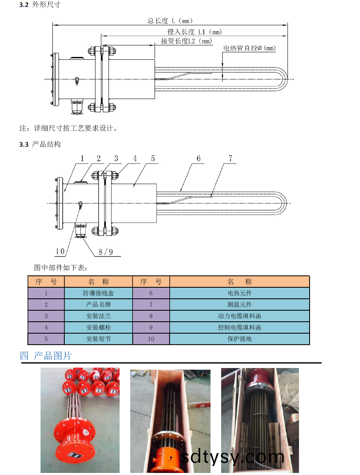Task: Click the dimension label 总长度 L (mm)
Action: (x=170, y=20)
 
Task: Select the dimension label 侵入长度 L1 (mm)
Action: (x=194, y=32)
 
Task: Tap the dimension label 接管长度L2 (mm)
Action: (x=186, y=41)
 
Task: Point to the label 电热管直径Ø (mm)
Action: (x=249, y=48)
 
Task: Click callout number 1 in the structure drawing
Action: (x=82, y=158)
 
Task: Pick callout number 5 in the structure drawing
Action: (x=152, y=158)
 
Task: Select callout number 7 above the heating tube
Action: (x=231, y=158)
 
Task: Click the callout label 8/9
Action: (x=106, y=252)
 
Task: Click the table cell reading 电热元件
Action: (x=240, y=293)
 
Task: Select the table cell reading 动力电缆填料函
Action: (x=240, y=316)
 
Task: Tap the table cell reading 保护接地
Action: (x=240, y=339)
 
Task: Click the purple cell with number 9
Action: (x=151, y=327)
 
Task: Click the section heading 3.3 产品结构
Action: (x=40, y=144)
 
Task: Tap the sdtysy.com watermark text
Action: (x=233, y=456)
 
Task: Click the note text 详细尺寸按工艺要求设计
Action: (x=69, y=128)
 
